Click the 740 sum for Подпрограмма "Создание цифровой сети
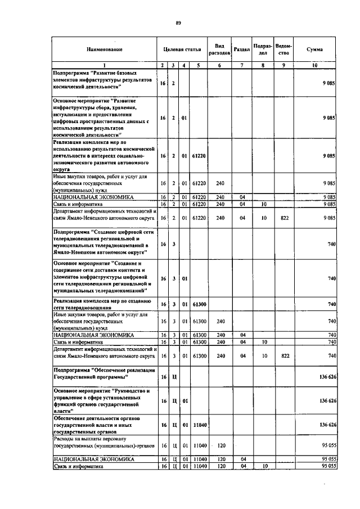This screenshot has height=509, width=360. point(332,244)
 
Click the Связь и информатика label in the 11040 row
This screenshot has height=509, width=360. point(78,466)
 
